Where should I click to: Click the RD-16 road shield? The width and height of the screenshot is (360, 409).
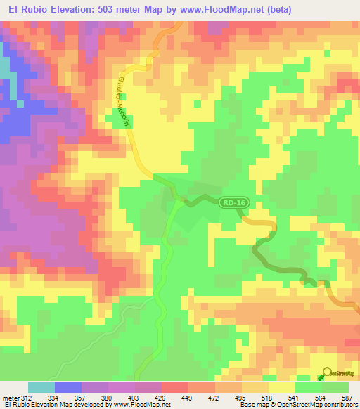[236, 203]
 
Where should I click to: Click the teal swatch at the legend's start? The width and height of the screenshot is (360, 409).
[41, 387]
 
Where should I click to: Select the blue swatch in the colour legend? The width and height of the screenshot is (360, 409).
[67, 387]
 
